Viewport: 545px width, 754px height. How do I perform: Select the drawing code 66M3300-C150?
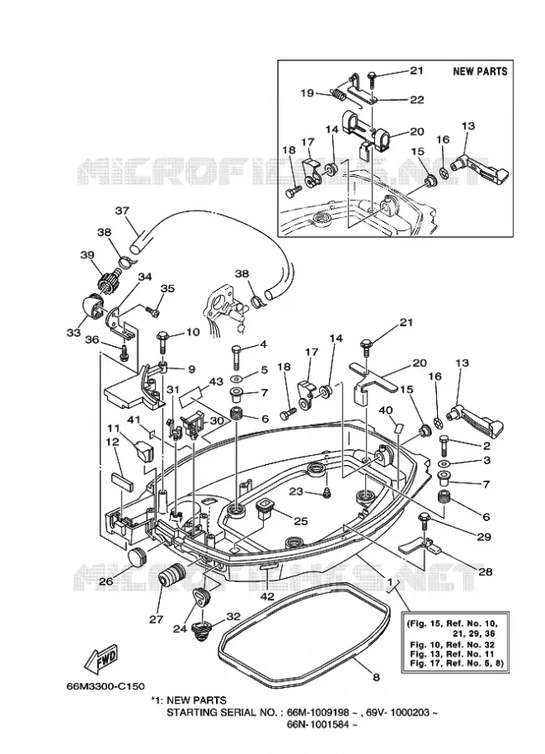click(105, 685)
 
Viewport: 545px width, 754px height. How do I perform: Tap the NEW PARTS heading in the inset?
click(480, 72)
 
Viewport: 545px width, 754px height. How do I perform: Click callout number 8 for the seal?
click(376, 677)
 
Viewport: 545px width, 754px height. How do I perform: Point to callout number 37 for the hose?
click(122, 211)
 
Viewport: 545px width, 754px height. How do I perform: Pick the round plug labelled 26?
click(137, 555)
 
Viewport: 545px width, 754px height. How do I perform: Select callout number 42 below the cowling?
click(267, 596)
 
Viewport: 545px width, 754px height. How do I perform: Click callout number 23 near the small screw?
click(296, 492)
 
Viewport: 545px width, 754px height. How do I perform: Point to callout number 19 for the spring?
click(307, 93)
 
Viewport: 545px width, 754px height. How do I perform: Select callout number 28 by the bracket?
click(486, 571)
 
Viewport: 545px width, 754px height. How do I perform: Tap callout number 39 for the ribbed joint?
click(87, 255)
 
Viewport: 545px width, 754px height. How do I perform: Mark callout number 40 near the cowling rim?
click(386, 411)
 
